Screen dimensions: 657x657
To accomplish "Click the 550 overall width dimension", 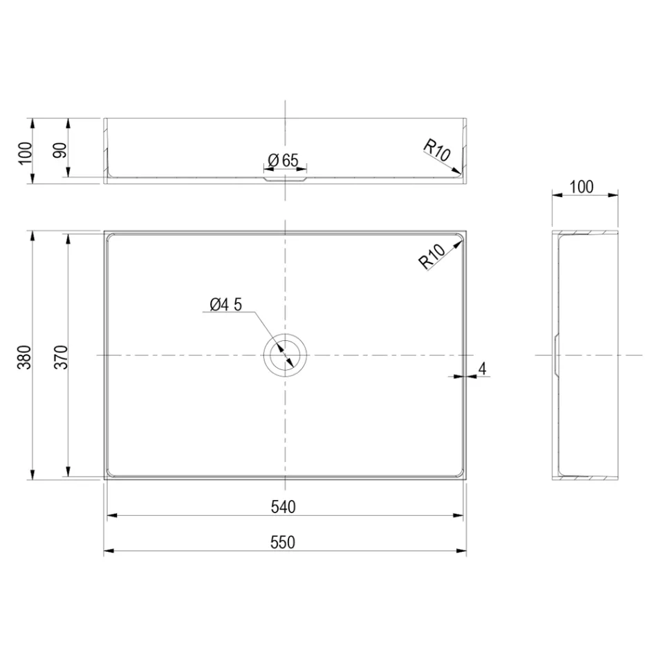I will (x=283, y=543).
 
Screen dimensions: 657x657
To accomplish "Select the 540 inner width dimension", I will (x=283, y=507).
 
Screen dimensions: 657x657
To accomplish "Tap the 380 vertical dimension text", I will (x=25, y=356).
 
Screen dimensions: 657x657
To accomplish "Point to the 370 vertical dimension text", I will (x=61, y=356).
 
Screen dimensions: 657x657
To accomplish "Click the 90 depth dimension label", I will (x=61, y=151).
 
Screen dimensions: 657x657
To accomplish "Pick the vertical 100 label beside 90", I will (x=25, y=151).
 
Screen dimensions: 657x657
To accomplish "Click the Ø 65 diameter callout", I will (x=283, y=160).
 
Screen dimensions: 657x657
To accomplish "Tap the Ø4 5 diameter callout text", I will (x=225, y=304).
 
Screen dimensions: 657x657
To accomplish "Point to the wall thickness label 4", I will (x=483, y=368).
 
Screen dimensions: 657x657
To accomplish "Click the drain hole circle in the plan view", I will (x=284, y=355).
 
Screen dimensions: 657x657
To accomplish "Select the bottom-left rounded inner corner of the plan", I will (x=112, y=472).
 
